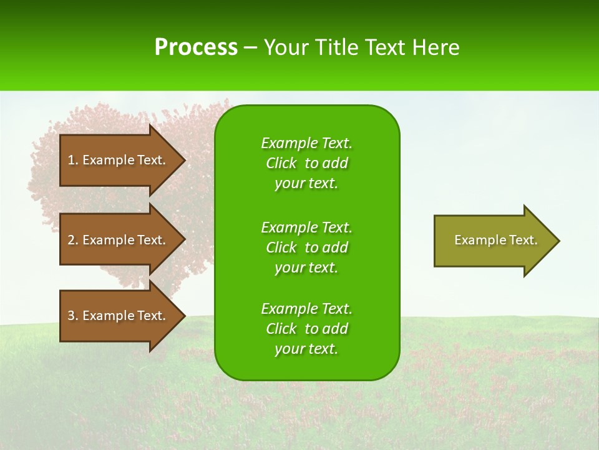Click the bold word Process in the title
(x=196, y=47)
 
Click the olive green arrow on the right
(x=493, y=241)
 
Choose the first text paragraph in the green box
(x=306, y=163)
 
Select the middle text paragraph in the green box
(x=306, y=247)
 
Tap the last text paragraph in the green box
(x=306, y=329)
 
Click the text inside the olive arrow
(x=495, y=240)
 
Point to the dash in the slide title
(x=250, y=48)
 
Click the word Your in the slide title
(x=287, y=47)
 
